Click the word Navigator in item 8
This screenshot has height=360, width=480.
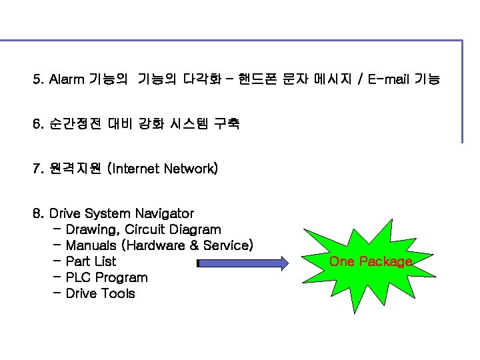[164, 213]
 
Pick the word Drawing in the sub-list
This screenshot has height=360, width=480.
[92, 229]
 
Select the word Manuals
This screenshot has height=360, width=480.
[93, 245]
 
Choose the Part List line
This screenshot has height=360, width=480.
[91, 261]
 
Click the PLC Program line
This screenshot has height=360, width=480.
[107, 277]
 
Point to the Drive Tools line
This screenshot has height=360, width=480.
[100, 293]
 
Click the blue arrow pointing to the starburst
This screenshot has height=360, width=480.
[243, 262]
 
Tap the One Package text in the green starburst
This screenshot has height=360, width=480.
[371, 261]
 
